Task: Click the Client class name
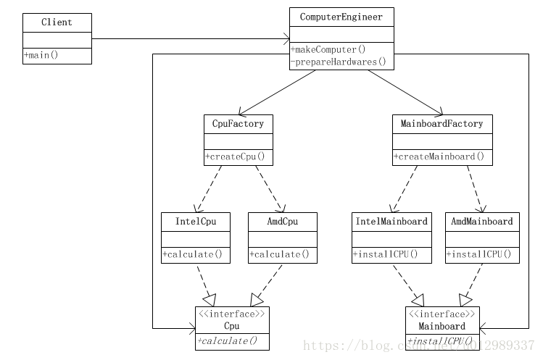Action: coord(57,22)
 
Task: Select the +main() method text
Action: coord(41,55)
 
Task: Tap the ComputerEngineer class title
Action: coord(341,17)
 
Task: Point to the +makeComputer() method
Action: coord(328,49)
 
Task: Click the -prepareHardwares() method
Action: coord(339,62)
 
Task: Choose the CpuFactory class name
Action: coord(238,124)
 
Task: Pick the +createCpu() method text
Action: coord(235,156)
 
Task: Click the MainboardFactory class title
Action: coord(442,124)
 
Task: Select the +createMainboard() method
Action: coord(439,156)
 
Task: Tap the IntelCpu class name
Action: coord(196,222)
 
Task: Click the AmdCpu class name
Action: coord(283,222)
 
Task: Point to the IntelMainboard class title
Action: coord(391,222)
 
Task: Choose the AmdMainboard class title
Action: coord(482,222)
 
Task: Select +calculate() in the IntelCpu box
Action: coord(193,254)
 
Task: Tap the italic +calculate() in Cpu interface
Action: coord(227,341)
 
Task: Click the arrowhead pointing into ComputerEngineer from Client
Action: coord(286,39)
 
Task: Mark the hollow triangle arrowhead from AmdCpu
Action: coord(256,300)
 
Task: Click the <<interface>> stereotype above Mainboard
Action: coord(442,314)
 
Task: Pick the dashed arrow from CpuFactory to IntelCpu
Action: coord(209,189)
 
